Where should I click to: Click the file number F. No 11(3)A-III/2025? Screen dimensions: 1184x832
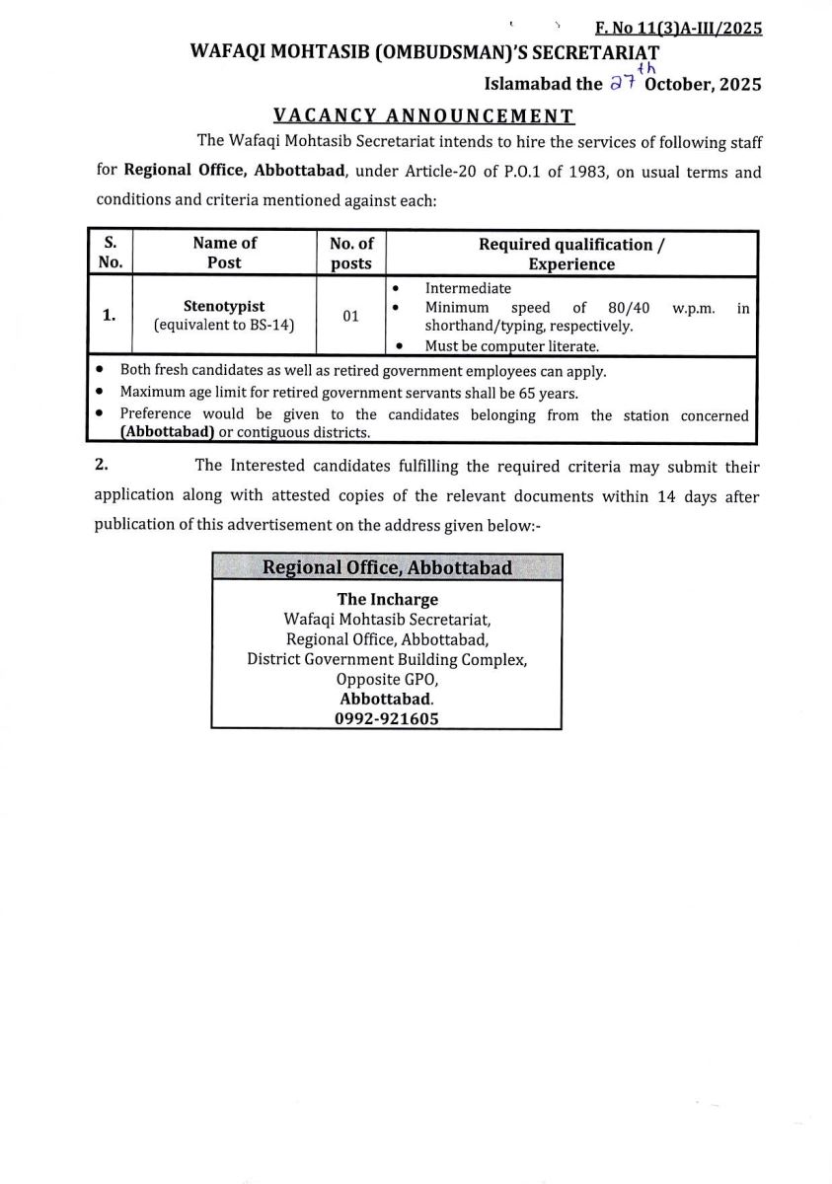(x=678, y=29)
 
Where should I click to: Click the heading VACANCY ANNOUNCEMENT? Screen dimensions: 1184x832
(x=423, y=116)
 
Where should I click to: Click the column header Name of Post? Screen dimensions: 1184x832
(x=224, y=253)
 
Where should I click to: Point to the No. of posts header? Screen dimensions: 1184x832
(x=351, y=253)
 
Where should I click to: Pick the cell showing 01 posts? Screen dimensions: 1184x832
(x=350, y=317)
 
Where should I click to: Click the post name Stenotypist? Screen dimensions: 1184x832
(x=224, y=306)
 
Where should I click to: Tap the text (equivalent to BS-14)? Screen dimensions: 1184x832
(x=224, y=325)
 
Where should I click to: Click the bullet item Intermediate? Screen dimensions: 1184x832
(x=468, y=288)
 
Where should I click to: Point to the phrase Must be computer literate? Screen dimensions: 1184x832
(x=511, y=345)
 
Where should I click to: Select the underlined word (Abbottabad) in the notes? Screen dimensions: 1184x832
(x=168, y=432)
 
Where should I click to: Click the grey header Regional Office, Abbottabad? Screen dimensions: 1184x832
(x=386, y=567)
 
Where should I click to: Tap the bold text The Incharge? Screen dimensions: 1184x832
(x=387, y=599)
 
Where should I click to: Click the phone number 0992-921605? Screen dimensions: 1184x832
(x=387, y=718)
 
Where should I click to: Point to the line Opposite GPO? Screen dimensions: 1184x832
(x=387, y=679)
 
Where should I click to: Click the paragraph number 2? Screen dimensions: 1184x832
(x=101, y=464)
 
